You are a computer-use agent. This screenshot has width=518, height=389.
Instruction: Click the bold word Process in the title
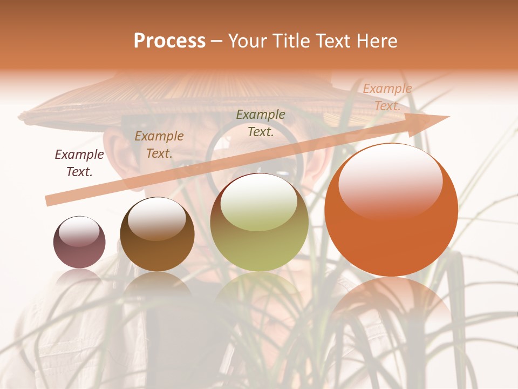pos(169,41)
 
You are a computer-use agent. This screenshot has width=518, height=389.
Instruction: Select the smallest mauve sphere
pos(79,242)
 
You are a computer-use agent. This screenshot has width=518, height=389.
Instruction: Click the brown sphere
pos(157,234)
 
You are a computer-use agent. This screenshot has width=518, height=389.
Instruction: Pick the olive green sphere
pos(259,223)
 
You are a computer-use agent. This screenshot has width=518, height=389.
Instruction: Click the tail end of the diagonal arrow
pos(50,201)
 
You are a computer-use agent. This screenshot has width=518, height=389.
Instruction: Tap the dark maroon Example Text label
pos(79,163)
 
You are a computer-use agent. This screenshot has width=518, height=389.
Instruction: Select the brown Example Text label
pos(159,144)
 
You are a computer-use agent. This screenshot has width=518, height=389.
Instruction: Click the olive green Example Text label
pos(261,123)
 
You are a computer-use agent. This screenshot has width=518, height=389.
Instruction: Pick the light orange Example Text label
pos(387,97)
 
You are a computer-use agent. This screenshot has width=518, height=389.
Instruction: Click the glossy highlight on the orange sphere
pos(390,179)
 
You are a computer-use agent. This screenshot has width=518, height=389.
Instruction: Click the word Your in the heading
pos(248,41)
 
